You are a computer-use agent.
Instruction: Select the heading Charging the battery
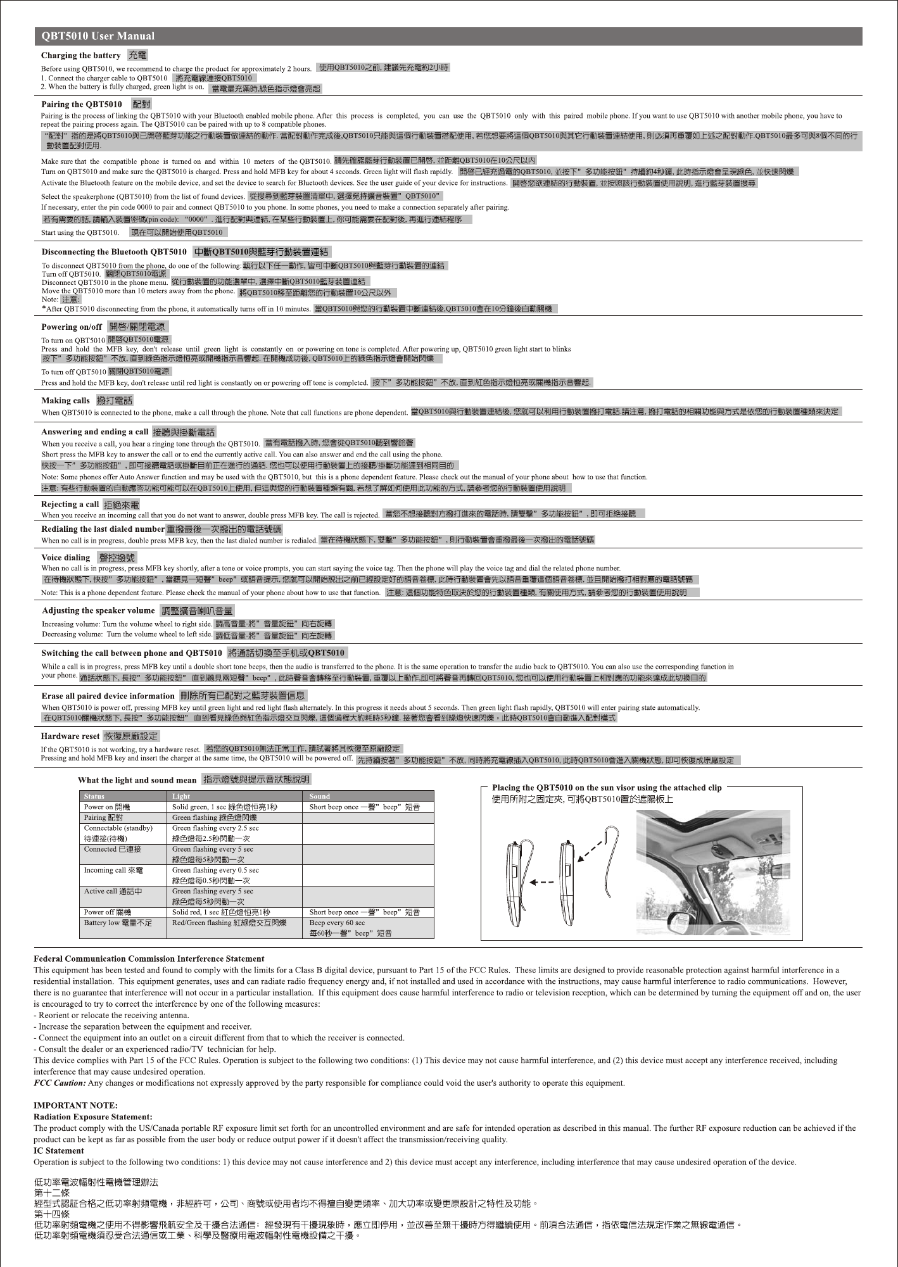(80, 56)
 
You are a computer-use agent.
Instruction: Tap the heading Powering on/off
(72, 327)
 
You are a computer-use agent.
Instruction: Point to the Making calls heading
(65, 401)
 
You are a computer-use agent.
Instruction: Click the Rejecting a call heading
(70, 505)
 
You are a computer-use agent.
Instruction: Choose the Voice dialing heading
(66, 558)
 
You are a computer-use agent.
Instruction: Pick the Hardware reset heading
(70, 736)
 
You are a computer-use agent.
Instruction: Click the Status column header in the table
(94, 797)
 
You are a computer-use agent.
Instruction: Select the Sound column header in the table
(320, 797)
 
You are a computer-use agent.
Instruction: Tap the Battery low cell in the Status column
(118, 923)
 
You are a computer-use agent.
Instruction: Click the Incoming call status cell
(113, 870)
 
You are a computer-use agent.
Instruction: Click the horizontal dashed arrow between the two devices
(542, 882)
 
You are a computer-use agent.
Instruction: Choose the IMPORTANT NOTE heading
(75, 1106)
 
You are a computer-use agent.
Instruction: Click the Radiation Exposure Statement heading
(92, 1116)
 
